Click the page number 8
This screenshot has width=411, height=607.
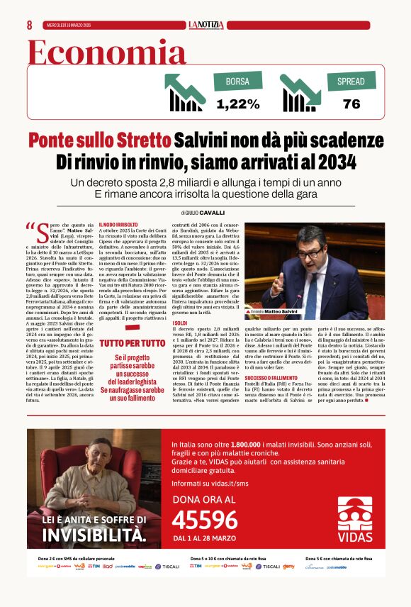(30, 25)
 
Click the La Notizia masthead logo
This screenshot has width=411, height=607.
(205, 25)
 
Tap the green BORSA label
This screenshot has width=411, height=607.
(237, 82)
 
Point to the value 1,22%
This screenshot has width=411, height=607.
(237, 104)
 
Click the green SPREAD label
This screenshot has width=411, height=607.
(351, 82)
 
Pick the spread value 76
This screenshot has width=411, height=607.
(351, 104)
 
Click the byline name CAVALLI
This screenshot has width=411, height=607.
(212, 212)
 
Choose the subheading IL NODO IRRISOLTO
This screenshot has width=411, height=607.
(118, 225)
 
